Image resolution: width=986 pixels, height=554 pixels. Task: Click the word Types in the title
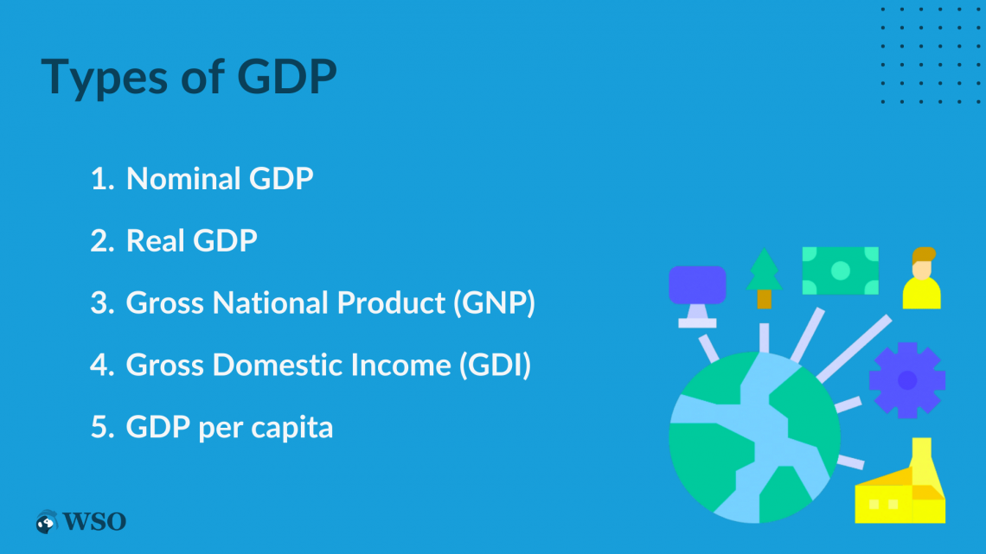pyautogui.click(x=105, y=78)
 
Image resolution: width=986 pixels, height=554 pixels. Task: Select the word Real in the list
pyautogui.click(x=156, y=240)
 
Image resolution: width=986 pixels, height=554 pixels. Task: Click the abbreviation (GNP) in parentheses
pyautogui.click(x=494, y=302)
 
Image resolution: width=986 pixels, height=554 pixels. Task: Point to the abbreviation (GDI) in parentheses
pyautogui.click(x=495, y=365)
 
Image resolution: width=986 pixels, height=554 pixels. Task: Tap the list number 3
pyautogui.click(x=101, y=302)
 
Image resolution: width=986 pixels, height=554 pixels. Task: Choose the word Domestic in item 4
pyautogui.click(x=278, y=365)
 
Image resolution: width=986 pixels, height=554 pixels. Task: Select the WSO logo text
pyautogui.click(x=94, y=521)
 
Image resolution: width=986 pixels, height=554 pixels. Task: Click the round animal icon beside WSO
pyautogui.click(x=47, y=522)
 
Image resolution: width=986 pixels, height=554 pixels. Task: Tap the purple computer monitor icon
pyautogui.click(x=697, y=296)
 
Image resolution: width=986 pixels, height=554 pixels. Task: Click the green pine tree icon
pyautogui.click(x=764, y=277)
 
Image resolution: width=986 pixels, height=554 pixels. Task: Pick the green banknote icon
pyautogui.click(x=841, y=271)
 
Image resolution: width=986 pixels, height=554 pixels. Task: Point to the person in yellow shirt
pyautogui.click(x=922, y=278)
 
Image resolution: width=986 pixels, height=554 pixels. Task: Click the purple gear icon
pyautogui.click(x=907, y=380)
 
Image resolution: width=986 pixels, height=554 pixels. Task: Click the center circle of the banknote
pyautogui.click(x=841, y=271)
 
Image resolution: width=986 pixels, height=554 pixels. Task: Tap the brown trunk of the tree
pyautogui.click(x=764, y=299)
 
